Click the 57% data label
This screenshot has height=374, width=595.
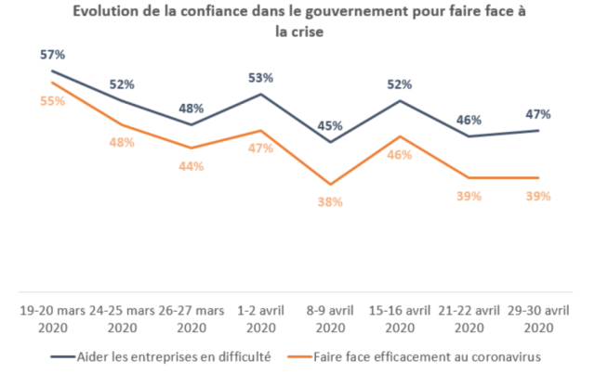click(x=51, y=55)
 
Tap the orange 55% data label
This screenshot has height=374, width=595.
click(x=51, y=100)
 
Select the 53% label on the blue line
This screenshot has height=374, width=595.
click(x=260, y=77)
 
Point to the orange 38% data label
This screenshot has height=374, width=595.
click(x=330, y=201)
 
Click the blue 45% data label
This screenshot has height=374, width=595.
click(x=330, y=125)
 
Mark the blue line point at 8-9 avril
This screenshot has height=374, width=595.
click(x=330, y=142)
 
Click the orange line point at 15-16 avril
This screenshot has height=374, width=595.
click(x=400, y=136)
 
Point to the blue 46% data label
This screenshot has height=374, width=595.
click(x=469, y=120)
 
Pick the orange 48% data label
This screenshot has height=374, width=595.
click(x=121, y=142)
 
